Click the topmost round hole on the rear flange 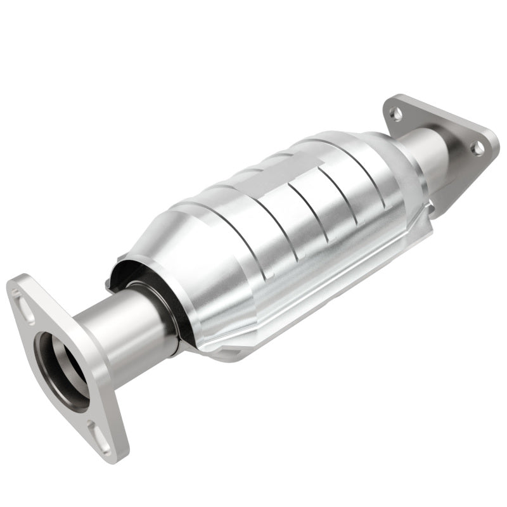[395, 115]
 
